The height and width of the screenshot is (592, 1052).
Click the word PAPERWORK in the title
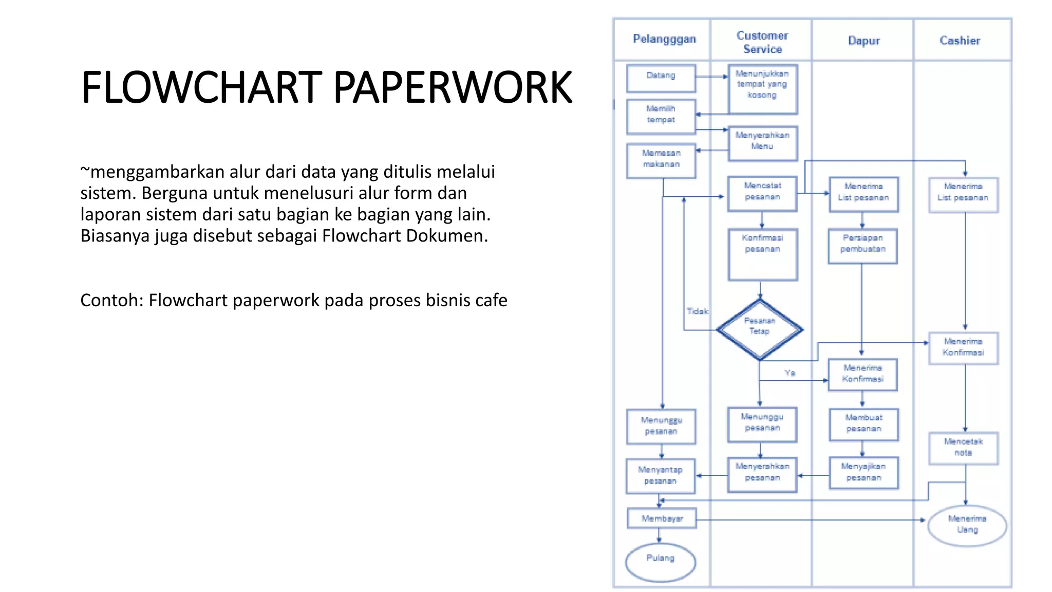[453, 87]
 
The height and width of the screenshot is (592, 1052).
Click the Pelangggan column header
[664, 39]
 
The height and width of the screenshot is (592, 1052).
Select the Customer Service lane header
[762, 42]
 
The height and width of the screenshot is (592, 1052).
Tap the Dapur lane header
[863, 41]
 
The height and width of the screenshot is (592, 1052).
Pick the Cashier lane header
[960, 41]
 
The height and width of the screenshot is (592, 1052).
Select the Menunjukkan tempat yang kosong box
[763, 89]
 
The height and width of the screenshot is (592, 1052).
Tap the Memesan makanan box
[661, 160]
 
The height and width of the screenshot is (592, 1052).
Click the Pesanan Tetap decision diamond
[760, 329]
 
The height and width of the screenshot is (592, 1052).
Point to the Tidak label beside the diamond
[697, 311]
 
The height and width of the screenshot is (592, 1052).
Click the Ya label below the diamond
[790, 373]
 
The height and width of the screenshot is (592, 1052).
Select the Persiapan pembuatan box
[863, 246]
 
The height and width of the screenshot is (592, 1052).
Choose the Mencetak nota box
[963, 448]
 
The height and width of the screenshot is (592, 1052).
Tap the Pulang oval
[661, 562]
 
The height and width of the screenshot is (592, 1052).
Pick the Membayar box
[662, 519]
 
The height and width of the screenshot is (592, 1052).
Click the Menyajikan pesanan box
[863, 472]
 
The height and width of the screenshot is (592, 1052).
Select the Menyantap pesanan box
[661, 476]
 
